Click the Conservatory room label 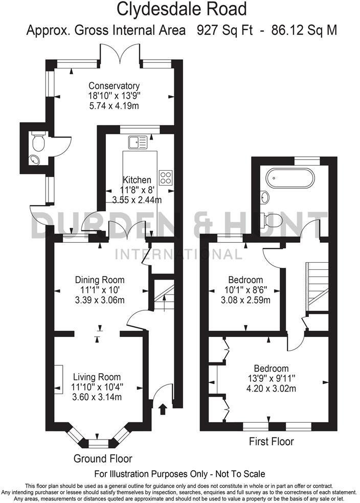pos(114,85)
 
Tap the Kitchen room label pos(137,180)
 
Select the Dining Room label pos(100,280)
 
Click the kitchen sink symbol pos(138,141)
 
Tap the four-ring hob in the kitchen pos(166,177)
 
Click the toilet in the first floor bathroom pos(272,220)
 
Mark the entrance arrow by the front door pos(163,409)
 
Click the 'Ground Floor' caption pos(103,458)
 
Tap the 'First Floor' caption pos(272,441)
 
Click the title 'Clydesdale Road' pos(182,9)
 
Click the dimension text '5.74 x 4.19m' pos(114,106)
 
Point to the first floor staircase pos(315,284)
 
